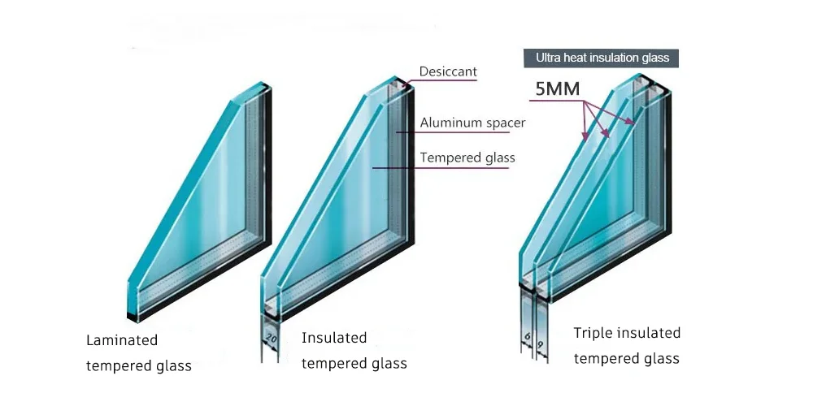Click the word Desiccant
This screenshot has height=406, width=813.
point(448,72)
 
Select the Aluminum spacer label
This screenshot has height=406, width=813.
point(472,123)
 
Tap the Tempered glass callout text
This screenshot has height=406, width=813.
point(467,158)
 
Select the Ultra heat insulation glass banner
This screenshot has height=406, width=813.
point(602,58)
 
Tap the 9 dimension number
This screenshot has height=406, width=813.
point(541,344)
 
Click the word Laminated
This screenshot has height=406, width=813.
point(122,340)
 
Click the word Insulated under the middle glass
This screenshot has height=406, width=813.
point(334,338)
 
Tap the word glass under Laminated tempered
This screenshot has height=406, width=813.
point(174,366)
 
